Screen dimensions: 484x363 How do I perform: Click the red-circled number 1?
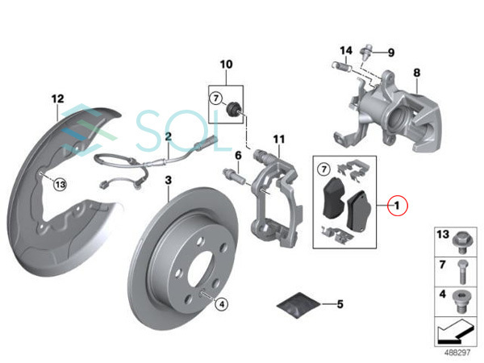click(x=398, y=205)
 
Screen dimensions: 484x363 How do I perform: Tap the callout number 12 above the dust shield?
click(x=58, y=98)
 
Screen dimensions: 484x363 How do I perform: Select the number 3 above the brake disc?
click(x=169, y=180)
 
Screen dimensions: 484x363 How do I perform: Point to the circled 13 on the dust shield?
click(x=60, y=185)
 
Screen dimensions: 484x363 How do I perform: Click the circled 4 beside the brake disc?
click(x=222, y=305)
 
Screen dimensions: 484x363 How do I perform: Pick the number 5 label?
click(x=340, y=304)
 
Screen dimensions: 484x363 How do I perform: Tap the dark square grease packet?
click(x=298, y=305)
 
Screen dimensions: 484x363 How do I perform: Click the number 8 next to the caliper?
click(x=417, y=73)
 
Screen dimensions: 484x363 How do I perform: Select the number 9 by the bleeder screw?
click(x=391, y=52)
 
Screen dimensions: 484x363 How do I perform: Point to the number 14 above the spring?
click(x=346, y=50)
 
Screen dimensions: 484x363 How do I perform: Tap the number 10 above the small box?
click(x=226, y=65)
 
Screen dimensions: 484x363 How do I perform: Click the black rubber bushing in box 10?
click(x=233, y=109)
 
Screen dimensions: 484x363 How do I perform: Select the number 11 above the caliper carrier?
click(x=279, y=140)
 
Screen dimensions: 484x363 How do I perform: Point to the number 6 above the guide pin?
click(x=238, y=156)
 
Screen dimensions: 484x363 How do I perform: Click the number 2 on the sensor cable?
click(x=169, y=136)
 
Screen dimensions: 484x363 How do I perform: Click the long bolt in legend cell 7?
click(x=461, y=272)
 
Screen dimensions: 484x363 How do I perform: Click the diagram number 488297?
click(x=457, y=353)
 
